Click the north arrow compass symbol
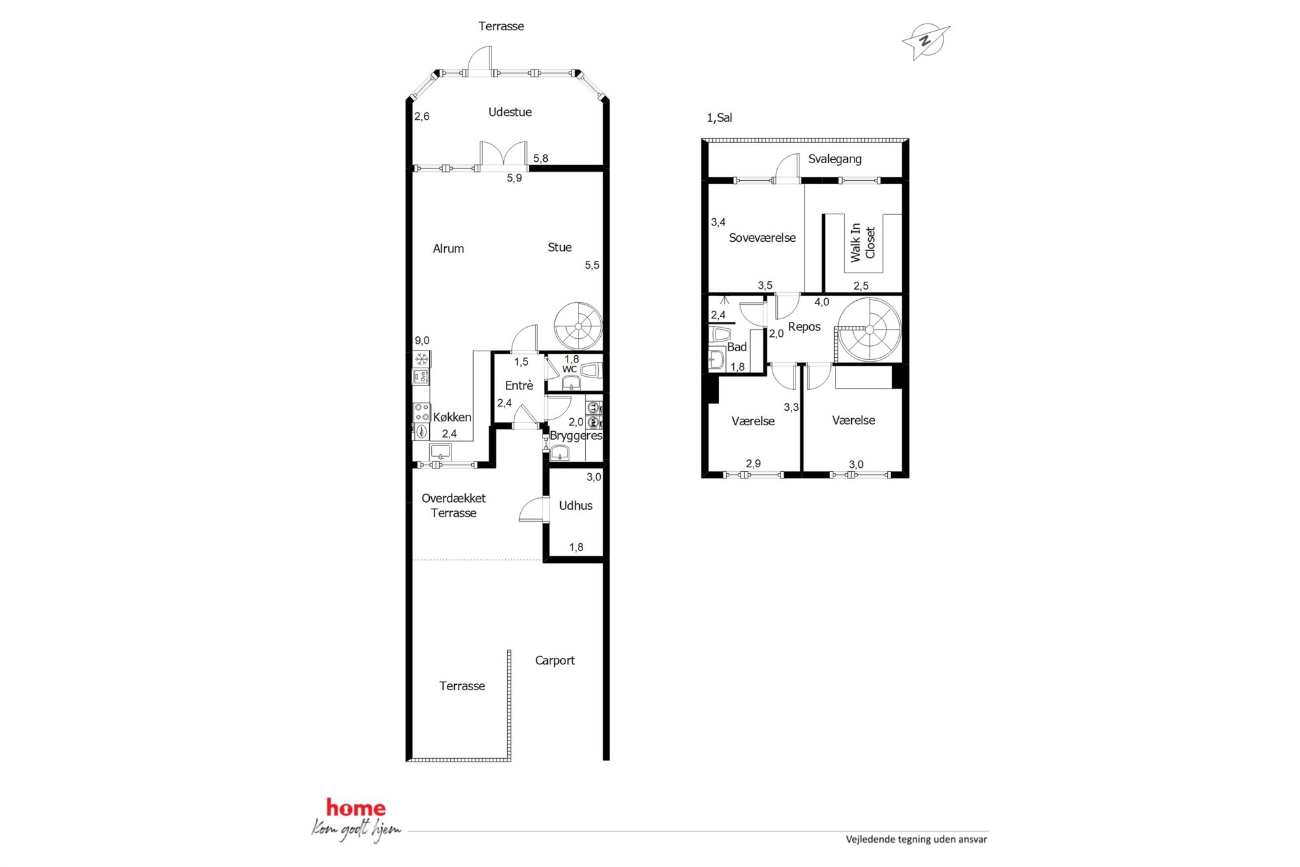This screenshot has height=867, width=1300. click(925, 41)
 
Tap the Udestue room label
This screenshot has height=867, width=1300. click(510, 112)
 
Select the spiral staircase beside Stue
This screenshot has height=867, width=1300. click(578, 326)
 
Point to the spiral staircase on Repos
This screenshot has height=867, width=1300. click(870, 330)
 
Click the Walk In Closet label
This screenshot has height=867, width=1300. click(862, 242)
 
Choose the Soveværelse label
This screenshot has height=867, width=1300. click(762, 238)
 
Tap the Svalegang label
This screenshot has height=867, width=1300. click(835, 159)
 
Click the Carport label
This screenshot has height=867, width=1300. click(555, 661)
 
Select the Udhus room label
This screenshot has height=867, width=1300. click(575, 506)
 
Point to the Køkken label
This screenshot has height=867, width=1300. click(452, 417)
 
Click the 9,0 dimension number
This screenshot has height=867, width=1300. click(422, 341)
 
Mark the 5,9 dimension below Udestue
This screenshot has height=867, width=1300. click(514, 178)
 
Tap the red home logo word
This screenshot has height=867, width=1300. click(356, 808)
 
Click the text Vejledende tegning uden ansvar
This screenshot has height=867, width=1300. click(916, 839)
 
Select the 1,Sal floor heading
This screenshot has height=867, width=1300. click(719, 118)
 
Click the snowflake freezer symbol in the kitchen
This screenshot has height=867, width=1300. click(422, 359)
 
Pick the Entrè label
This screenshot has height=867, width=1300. click(519, 386)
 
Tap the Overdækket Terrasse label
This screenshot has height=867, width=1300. click(453, 506)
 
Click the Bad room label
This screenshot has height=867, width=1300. click(737, 347)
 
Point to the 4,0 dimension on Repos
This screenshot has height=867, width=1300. click(822, 302)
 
